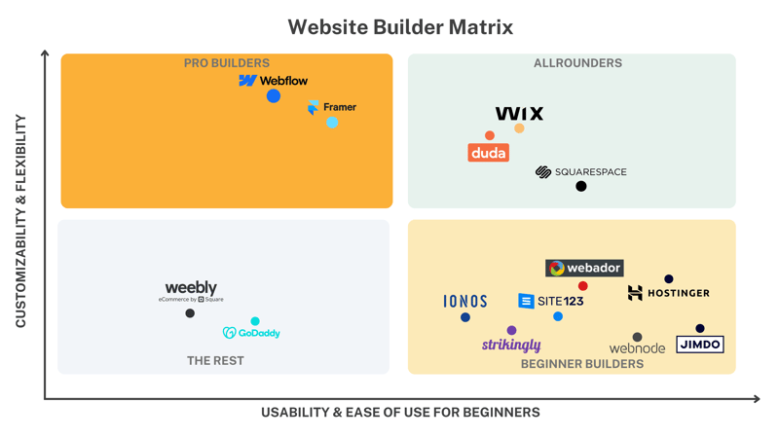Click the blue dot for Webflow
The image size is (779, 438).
pos(274,95)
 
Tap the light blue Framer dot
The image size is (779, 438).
pos(332,123)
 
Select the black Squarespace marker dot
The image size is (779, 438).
pos(581,186)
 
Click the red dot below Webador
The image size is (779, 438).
pos(582,286)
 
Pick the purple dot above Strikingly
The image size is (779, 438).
pos(512,330)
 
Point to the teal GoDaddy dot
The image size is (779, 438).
pos(255,321)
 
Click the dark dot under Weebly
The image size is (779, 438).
pos(190,313)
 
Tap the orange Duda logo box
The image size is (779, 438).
pos(489,153)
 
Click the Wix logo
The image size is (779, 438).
pos(519,114)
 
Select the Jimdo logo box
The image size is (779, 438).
pos(700,345)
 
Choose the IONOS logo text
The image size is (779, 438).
pos(465,302)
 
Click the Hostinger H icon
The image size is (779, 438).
pos(635,293)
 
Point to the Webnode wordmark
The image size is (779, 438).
pos(638,348)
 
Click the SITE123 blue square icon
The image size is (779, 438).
pos(526,301)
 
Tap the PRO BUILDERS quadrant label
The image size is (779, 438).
pos(227,63)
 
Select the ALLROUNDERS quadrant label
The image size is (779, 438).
pos(577,63)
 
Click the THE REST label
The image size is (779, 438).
pos(215,360)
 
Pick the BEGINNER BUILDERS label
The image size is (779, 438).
pos(582,364)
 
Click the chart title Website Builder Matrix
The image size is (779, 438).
pos(400,27)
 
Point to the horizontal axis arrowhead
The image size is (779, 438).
pos(757,399)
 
